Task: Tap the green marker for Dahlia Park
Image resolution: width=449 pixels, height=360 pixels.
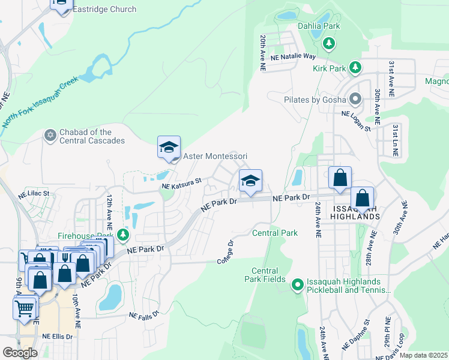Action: tap(328, 43)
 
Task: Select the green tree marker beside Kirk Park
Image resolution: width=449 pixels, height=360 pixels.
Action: tap(355, 68)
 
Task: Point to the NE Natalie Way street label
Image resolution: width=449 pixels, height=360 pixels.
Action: tap(293, 56)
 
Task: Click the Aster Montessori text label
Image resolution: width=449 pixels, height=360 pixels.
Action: tap(214, 156)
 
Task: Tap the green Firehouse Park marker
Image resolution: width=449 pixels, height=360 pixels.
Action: tap(122, 234)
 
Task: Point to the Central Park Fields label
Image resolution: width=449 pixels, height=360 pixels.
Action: tap(265, 275)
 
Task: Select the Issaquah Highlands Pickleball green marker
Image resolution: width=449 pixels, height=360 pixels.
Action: tap(297, 285)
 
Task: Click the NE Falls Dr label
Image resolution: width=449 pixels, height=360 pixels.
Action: tap(145, 314)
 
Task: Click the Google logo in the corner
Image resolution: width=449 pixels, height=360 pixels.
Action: tap(20, 352)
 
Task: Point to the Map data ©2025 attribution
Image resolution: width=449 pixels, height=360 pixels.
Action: tap(423, 355)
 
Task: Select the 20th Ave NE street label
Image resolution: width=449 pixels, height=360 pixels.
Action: tap(262, 53)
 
